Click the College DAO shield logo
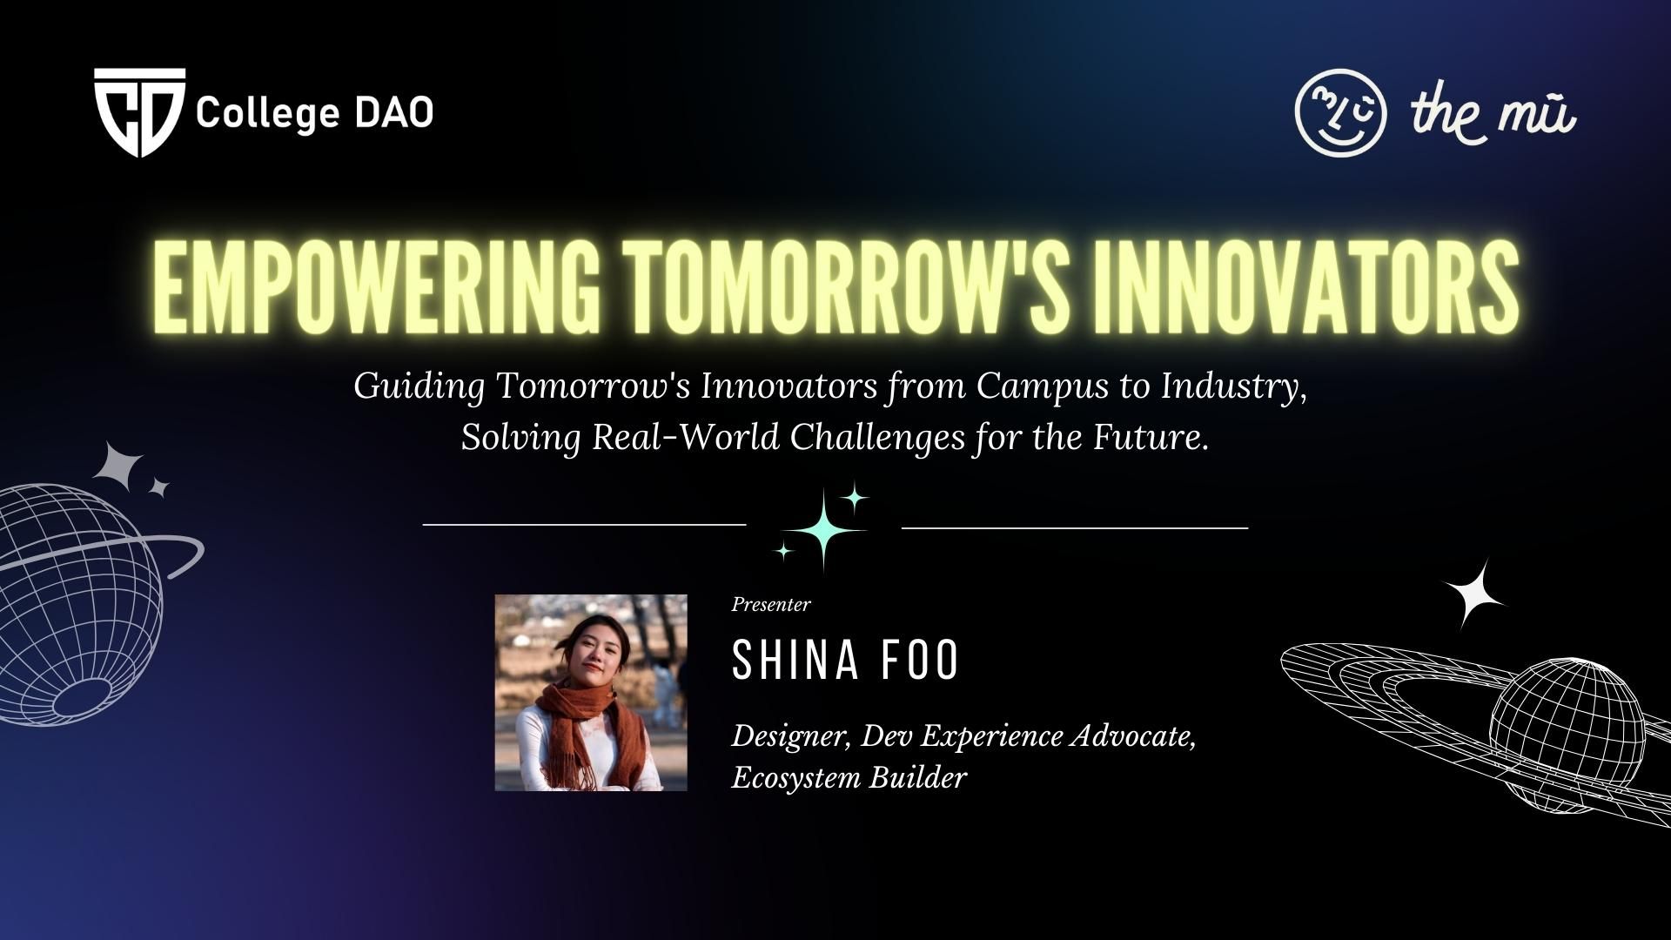[x=139, y=112]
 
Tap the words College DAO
[x=314, y=113]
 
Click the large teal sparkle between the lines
[x=822, y=529]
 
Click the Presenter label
[x=771, y=604]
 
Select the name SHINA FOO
[x=845, y=661]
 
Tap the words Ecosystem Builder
[x=849, y=778]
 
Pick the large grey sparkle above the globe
[x=118, y=470]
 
